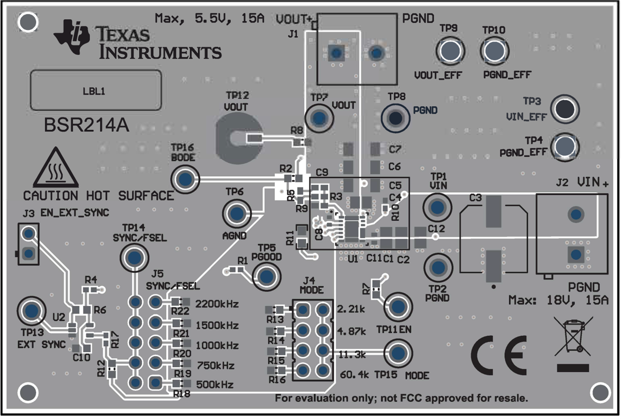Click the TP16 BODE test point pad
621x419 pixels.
coord(185,179)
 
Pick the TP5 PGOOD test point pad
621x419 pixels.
coord(267,276)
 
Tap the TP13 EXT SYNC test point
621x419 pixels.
coord(31,311)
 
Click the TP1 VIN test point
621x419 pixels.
coord(437,208)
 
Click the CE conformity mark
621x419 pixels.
coord(498,355)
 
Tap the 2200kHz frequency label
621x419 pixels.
coord(217,304)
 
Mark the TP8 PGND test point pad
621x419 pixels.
coord(395,118)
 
